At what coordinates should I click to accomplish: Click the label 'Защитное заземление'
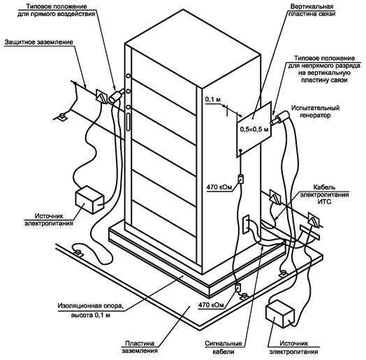point(38,42)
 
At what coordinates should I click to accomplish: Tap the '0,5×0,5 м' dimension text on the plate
point(254,129)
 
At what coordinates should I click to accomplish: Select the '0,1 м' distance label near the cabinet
point(213,99)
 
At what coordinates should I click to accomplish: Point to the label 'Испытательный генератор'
point(315,111)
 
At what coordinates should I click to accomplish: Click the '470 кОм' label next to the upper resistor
point(219,187)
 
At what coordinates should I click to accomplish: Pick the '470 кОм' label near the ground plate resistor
point(211,305)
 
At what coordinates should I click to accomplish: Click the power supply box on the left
point(90,200)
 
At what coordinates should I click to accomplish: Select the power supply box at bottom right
point(280,314)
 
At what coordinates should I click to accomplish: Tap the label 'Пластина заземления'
point(140,347)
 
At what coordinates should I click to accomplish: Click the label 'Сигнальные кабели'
point(224,347)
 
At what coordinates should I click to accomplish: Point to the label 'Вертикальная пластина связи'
point(312,10)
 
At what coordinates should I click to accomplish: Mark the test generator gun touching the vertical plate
point(280,117)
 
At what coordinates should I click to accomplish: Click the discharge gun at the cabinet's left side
point(117,95)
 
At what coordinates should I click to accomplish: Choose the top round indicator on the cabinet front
point(129,76)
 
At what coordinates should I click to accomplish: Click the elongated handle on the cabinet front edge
point(128,122)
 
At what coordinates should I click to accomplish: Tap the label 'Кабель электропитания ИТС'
point(324,194)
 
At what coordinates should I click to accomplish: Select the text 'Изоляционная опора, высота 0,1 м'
point(91,310)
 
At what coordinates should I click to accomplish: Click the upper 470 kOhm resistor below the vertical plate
point(241,179)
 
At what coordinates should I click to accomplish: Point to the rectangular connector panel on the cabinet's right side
point(246,224)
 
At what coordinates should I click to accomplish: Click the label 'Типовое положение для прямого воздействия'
point(57,10)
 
